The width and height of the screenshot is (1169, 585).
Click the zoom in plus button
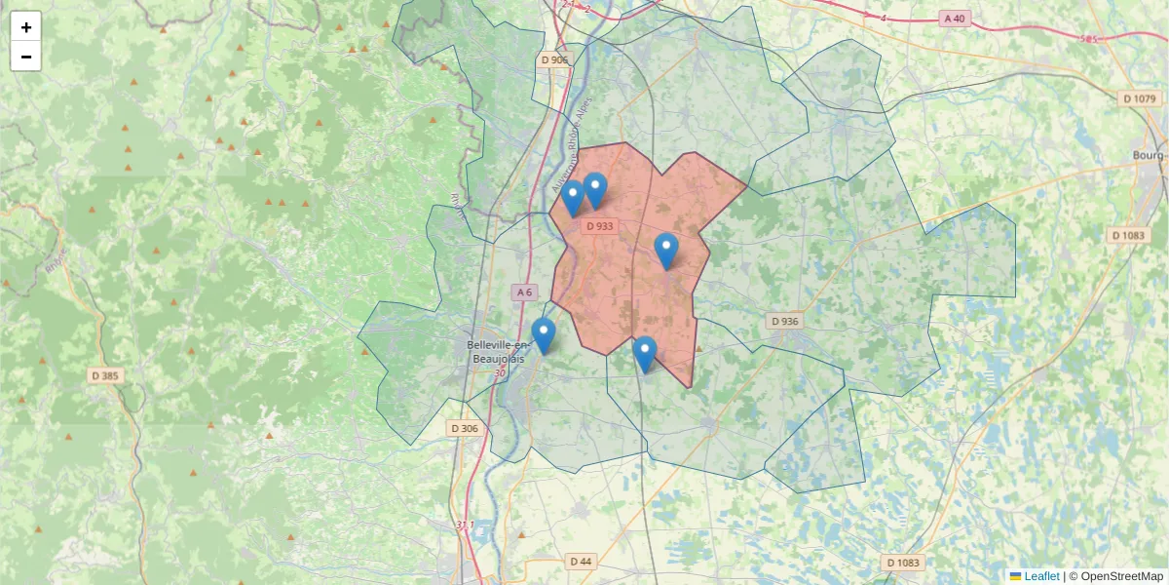pos(26,27)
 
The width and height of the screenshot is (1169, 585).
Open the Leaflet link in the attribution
pos(1041,576)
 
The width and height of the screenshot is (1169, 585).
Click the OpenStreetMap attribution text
pos(1121,576)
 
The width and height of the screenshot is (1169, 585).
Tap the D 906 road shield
pos(553,60)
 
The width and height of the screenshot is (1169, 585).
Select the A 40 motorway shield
pos(954,19)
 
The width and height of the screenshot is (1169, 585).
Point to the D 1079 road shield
pos(1139,98)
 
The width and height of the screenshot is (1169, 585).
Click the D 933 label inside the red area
pos(600,226)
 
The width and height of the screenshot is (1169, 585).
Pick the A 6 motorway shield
pos(524,292)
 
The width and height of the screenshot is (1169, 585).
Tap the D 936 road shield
pos(784,321)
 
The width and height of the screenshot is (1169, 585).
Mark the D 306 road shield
pos(465,428)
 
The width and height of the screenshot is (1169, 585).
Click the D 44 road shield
pos(580,561)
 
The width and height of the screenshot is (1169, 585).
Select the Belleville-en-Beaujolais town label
pos(497,352)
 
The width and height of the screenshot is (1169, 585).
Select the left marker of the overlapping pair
pos(573,198)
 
